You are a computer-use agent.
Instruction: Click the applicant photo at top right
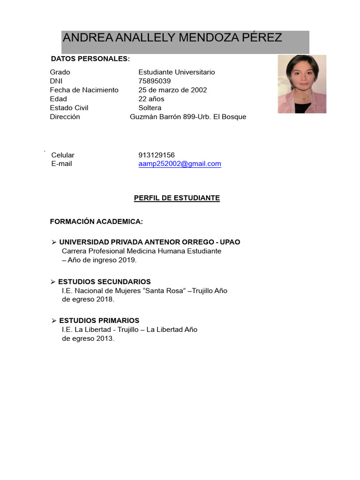pos(302,84)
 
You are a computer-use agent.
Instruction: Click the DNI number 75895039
pos(154,81)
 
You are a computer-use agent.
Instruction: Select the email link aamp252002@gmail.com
pos(180,164)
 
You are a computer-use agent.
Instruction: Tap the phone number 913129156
pos(156,155)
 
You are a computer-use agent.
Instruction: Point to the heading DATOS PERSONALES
pos(90,59)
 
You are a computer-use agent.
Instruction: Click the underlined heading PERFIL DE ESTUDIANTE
pos(177,198)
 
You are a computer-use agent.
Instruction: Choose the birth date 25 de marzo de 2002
pos(172,90)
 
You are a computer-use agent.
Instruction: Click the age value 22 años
pos(151,99)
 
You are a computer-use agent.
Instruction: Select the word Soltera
pos(150,108)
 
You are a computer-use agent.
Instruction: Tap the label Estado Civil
pos(69,108)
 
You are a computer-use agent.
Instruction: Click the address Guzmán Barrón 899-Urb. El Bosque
pos(187,117)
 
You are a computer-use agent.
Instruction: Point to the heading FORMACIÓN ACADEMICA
pos(96,221)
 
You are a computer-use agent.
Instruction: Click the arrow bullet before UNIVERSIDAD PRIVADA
pos(54,242)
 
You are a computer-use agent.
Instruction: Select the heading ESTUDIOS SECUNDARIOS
pos(104,282)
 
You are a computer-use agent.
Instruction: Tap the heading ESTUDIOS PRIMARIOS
pos(99,321)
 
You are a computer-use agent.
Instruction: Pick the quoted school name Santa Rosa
pos(165,291)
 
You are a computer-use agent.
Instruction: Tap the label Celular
pos(63,155)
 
